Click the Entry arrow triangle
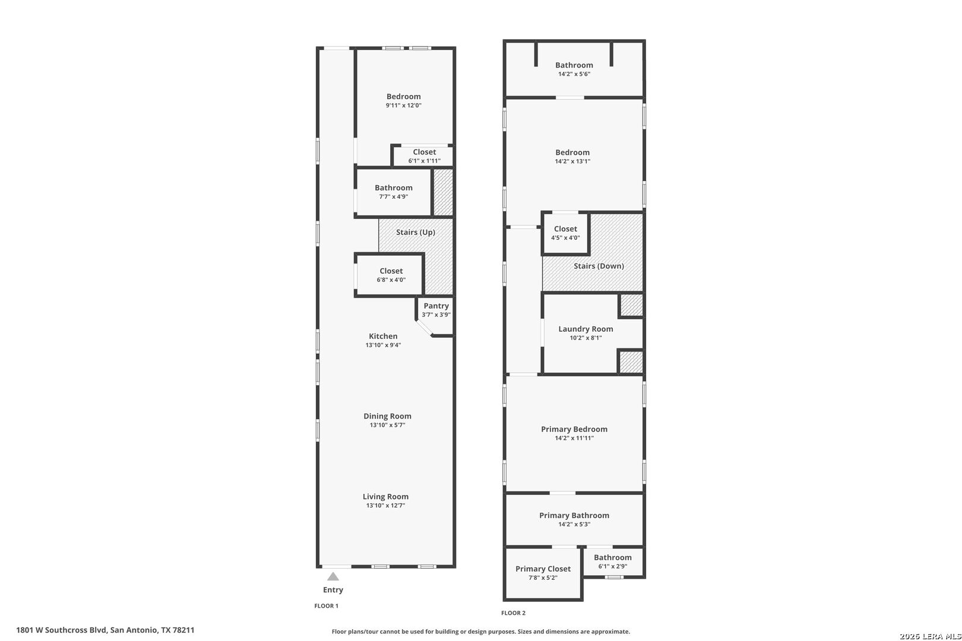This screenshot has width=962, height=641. (333, 576)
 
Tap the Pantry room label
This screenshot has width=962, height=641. (436, 306)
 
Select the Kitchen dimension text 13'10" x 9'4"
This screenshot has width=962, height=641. (383, 345)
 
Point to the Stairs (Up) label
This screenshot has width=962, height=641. (415, 232)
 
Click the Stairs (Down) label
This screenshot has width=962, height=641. (599, 266)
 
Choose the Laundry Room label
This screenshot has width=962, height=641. (586, 329)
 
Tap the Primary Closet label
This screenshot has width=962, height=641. (543, 569)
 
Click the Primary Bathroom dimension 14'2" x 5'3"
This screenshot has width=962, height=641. (574, 524)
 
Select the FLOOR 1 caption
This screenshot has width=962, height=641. (326, 606)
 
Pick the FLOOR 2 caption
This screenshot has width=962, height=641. (513, 613)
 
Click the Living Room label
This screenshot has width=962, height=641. (385, 496)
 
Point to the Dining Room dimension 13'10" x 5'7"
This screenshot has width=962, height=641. (387, 424)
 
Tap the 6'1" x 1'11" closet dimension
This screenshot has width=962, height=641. (425, 161)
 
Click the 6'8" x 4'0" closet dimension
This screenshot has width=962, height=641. (391, 280)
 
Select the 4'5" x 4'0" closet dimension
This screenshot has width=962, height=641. (565, 237)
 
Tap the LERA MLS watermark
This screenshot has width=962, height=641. (930, 636)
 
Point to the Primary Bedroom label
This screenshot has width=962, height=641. (574, 429)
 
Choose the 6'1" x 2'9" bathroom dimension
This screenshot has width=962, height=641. (612, 566)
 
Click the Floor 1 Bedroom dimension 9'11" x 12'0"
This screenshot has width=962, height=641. (403, 105)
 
